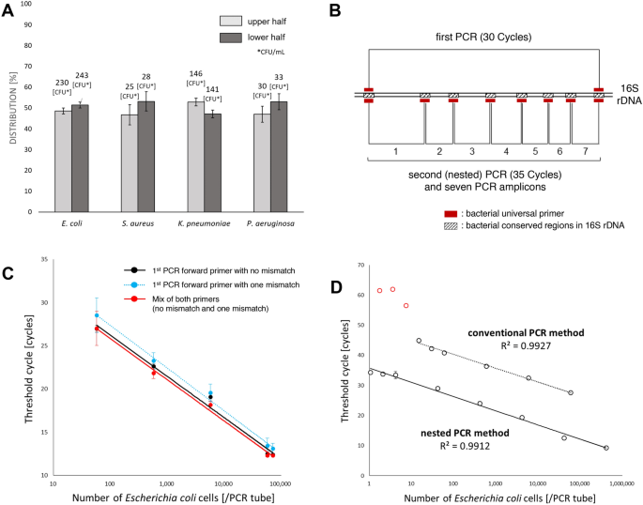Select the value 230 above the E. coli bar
pos(63,83)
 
